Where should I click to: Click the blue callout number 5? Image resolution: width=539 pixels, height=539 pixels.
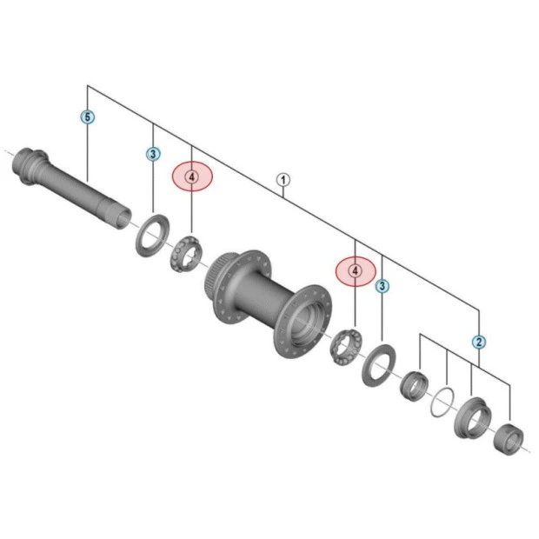[x=88, y=116]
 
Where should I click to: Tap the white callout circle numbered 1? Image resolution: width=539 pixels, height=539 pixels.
[x=283, y=180]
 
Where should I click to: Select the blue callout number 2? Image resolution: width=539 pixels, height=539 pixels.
[x=479, y=342]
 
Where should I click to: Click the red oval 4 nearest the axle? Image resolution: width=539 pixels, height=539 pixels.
[x=192, y=177]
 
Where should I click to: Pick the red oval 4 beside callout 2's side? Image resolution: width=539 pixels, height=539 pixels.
[x=356, y=271]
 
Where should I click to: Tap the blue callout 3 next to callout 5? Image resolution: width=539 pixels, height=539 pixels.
[x=153, y=154]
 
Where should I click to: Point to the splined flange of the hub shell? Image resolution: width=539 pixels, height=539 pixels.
[x=228, y=278]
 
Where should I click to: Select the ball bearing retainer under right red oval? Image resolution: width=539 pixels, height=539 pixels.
[x=345, y=347]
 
